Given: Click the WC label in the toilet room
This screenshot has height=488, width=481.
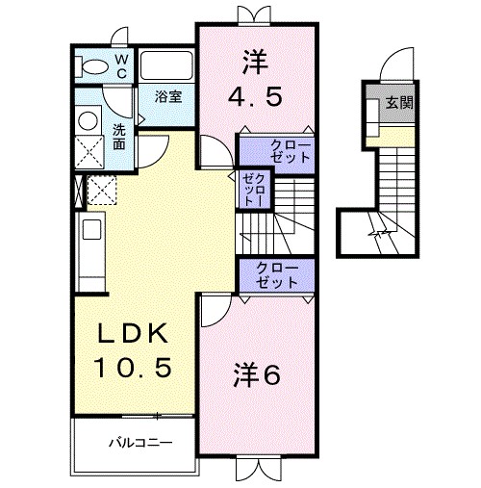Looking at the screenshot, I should coord(122,64).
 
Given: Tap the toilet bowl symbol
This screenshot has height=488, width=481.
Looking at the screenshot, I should coord(94,67).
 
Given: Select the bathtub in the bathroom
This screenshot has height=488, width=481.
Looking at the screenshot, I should coord(167,65).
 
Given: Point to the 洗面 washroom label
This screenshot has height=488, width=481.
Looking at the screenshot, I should coord(118,137).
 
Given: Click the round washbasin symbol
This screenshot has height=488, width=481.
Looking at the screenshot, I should coord(87,120).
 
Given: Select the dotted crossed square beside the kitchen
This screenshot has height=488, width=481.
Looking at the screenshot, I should coord(101,190).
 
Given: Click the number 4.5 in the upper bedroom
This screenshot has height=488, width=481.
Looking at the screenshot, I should coord(256,97).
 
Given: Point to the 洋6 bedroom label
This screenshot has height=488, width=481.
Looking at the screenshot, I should coord(256,375).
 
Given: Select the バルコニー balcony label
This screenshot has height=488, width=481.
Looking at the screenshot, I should coord(139,445).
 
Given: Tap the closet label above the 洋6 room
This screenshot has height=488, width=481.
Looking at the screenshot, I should coord(277,273).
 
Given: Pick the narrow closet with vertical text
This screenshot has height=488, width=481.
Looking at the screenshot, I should coord(255,190).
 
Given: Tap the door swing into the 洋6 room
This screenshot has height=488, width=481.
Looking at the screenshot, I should coord(214,310).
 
